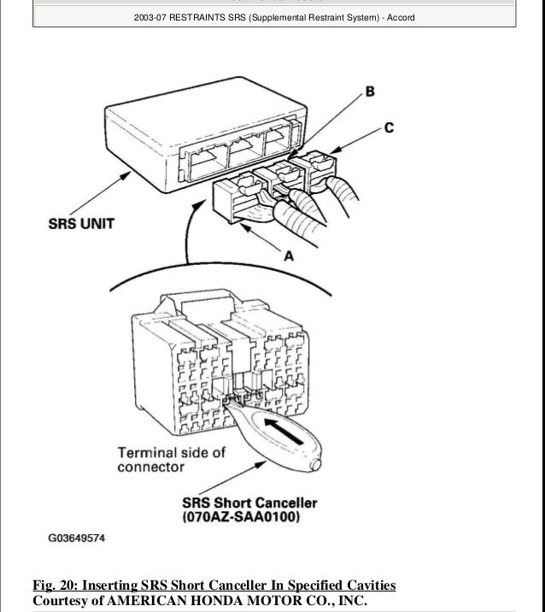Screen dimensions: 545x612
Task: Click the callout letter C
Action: pyautogui.click(x=389, y=128)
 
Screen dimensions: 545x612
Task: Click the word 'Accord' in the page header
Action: pyautogui.click(x=401, y=17)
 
